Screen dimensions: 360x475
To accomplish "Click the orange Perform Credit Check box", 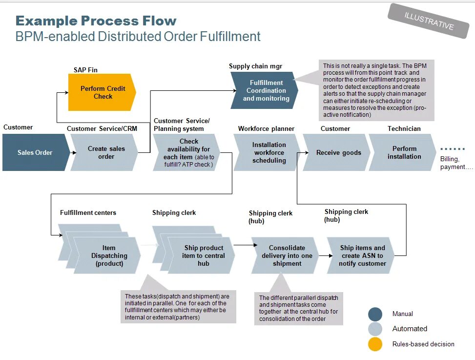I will click(x=102, y=92).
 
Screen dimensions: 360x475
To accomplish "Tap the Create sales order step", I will click(x=106, y=152).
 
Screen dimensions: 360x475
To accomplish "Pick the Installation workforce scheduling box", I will click(x=268, y=152).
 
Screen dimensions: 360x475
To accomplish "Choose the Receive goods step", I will click(x=338, y=152).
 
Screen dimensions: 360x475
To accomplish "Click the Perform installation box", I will click(x=404, y=152).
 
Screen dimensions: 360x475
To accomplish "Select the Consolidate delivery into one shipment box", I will click(x=287, y=255).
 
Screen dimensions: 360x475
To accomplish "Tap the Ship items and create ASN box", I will click(x=362, y=255).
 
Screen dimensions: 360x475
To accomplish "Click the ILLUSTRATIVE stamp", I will click(x=429, y=21).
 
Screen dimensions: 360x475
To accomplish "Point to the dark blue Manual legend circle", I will click(x=375, y=314).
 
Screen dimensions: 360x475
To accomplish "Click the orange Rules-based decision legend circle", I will click(x=375, y=344).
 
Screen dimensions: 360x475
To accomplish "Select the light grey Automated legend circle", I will click(x=375, y=329).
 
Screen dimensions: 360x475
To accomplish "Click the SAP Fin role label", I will click(x=85, y=70).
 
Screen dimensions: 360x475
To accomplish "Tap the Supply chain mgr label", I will click(x=255, y=66).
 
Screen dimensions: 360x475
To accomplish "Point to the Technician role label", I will click(x=404, y=129).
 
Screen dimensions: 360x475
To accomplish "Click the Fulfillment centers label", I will click(x=88, y=213).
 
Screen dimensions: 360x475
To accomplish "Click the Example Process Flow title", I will click(x=96, y=21).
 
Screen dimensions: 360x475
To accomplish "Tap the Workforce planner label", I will click(x=266, y=129).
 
